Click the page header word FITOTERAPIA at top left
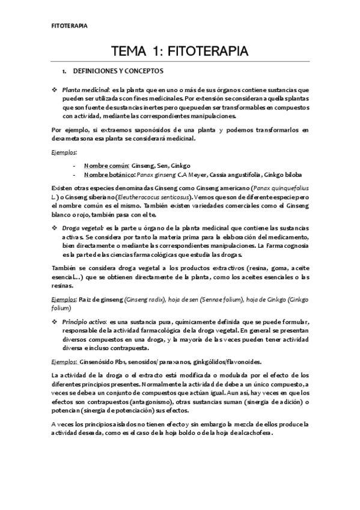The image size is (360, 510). coord(67,26)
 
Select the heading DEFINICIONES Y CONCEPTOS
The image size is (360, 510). coord(113,71)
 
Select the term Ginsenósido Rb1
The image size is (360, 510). coord(101,361)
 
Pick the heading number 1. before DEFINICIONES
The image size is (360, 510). coord(73,71)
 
